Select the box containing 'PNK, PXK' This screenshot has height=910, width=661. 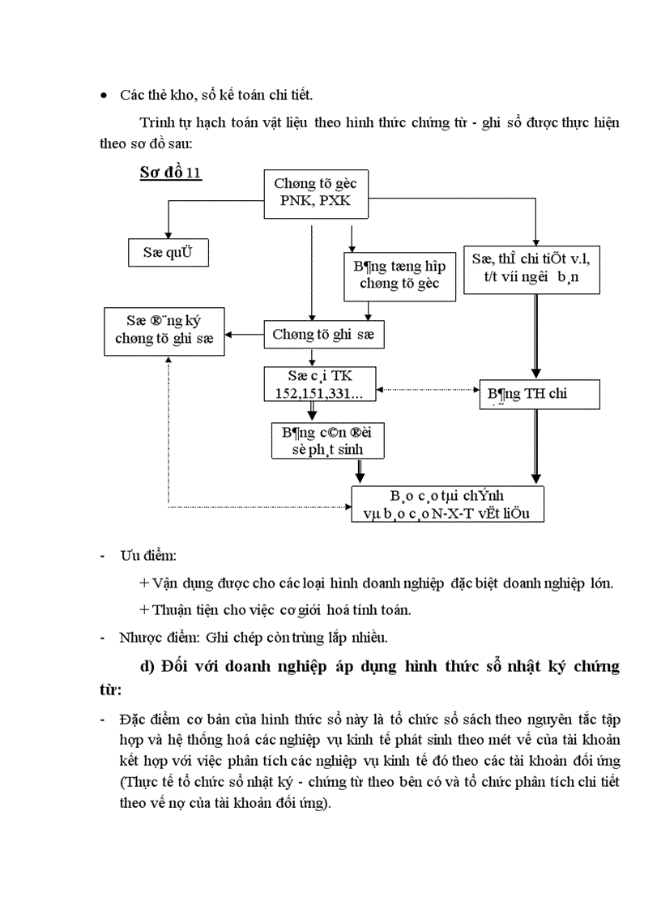(x=314, y=194)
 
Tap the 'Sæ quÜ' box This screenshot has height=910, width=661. (x=169, y=252)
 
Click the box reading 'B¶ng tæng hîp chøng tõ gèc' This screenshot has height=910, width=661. (x=391, y=275)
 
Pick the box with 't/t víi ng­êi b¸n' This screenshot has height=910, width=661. (x=531, y=271)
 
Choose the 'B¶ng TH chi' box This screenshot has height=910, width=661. (x=539, y=394)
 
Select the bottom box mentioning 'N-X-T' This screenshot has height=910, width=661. (x=447, y=503)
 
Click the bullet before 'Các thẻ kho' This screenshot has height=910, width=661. (x=103, y=96)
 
